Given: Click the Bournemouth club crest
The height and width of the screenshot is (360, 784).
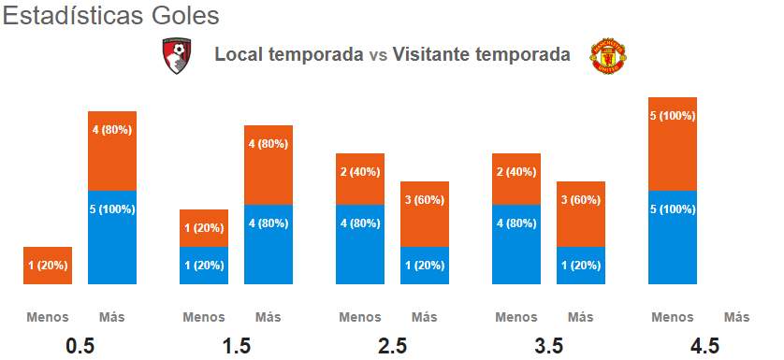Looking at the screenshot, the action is (177, 55).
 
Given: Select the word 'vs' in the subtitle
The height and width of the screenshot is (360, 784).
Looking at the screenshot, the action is (378, 54).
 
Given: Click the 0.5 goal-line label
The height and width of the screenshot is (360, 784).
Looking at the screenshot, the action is (80, 345).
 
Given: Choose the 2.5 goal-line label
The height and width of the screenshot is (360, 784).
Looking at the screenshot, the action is (393, 345).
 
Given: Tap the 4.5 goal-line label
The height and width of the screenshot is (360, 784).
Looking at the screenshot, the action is (704, 345).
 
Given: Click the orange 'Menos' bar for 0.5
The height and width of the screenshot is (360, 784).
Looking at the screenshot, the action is (48, 266).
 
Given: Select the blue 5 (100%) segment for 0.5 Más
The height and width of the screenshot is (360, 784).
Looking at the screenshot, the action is (112, 238).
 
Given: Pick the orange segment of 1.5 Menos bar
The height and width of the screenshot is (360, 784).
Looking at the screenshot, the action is (204, 228).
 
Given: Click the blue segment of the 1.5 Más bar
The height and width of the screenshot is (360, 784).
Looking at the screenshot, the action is (269, 244).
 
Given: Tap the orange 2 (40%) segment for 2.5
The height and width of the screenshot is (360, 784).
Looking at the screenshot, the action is (360, 179).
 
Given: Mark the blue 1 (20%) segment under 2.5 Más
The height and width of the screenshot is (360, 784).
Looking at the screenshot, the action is (425, 266).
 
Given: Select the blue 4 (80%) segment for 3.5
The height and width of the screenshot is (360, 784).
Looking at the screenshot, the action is (516, 244).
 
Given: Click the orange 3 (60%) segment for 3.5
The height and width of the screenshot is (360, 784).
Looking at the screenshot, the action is (581, 214).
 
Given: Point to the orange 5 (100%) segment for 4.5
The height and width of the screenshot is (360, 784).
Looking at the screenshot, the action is (673, 144).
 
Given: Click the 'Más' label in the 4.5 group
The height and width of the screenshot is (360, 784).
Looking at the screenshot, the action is (737, 317).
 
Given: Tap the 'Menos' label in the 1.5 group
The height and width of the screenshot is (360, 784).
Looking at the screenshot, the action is (204, 317).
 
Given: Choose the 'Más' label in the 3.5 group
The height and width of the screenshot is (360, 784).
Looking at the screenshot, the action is (581, 317).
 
